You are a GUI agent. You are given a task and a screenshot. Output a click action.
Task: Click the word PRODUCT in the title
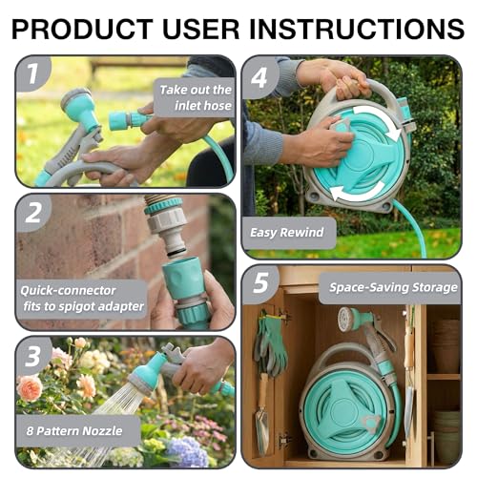[82, 29]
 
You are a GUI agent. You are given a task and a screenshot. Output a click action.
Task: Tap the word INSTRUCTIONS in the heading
[357, 29]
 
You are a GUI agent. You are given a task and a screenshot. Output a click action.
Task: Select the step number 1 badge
[33, 73]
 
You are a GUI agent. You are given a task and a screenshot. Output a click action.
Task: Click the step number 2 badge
[33, 213]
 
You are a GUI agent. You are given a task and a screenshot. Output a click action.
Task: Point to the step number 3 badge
[33, 356]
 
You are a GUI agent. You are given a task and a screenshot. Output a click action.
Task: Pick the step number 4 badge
[260, 77]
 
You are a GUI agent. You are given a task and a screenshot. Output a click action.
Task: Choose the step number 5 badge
[260, 283]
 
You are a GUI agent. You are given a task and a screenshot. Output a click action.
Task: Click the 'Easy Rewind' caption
[287, 233]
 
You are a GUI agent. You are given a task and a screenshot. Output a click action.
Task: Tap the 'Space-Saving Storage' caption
[393, 287]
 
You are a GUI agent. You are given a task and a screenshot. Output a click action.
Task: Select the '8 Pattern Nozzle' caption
[74, 431]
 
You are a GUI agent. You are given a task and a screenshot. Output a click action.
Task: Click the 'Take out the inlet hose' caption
[196, 97]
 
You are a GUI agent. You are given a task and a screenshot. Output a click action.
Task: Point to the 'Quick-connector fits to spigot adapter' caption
[82, 299]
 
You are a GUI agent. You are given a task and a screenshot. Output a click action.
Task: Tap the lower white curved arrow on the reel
[355, 194]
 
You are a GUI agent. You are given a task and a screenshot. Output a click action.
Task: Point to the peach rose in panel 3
[30, 388]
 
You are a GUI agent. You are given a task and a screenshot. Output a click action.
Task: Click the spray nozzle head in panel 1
[78, 107]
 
